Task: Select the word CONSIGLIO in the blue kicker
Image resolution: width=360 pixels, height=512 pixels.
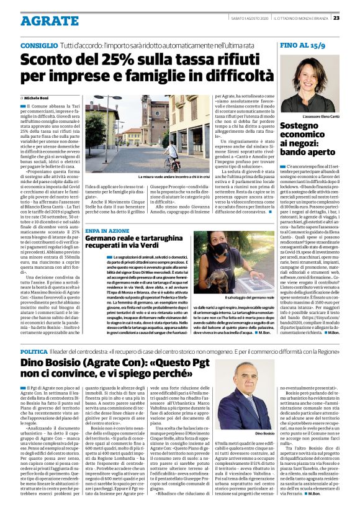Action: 40,46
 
